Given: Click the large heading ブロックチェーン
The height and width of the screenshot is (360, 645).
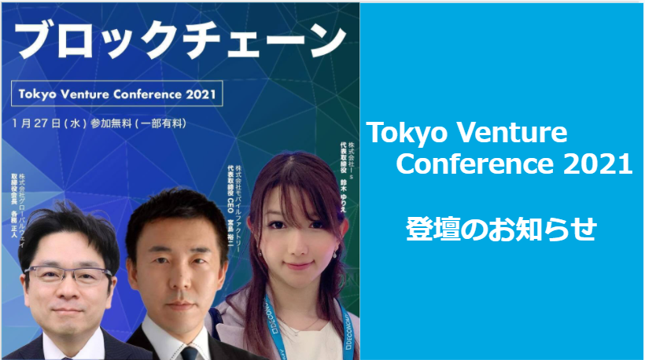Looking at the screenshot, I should (x=180, y=39).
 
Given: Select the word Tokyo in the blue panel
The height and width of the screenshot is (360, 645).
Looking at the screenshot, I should (x=404, y=133).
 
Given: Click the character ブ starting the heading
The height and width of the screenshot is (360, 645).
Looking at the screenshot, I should (x=40, y=39).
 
